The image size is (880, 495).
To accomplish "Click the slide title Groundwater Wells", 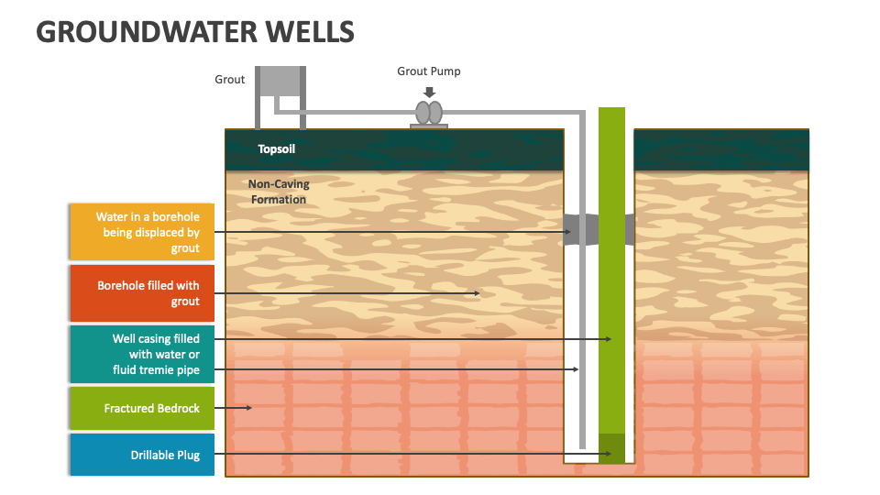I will pyautogui.click(x=194, y=31).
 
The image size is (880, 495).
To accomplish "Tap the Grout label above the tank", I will pyautogui.click(x=229, y=80).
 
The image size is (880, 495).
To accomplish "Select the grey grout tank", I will pyautogui.click(x=280, y=81).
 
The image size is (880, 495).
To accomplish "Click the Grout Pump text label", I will pyautogui.click(x=428, y=71).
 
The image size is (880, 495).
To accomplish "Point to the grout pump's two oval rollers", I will pyautogui.click(x=429, y=112).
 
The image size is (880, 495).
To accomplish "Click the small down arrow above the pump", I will pyautogui.click(x=429, y=92).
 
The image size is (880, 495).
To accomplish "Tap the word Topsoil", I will pyautogui.click(x=276, y=148).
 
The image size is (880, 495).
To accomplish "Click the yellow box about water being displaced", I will pyautogui.click(x=142, y=233).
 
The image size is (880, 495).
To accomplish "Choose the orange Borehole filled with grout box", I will pyautogui.click(x=142, y=293).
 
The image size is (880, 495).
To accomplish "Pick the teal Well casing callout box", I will pyautogui.click(x=142, y=354).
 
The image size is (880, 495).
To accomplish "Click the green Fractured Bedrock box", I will pyautogui.click(x=142, y=408).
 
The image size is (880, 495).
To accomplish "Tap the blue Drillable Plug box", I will pyautogui.click(x=142, y=455).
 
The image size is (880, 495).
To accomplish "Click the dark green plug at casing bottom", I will pyautogui.click(x=611, y=448).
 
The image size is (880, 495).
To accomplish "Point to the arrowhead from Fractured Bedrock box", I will pyautogui.click(x=248, y=408).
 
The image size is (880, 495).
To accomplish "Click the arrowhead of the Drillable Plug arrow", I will pyautogui.click(x=608, y=454).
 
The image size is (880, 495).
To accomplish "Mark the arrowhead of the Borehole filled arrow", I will pyautogui.click(x=478, y=293).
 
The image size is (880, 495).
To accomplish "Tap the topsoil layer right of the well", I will pyautogui.click(x=721, y=150).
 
